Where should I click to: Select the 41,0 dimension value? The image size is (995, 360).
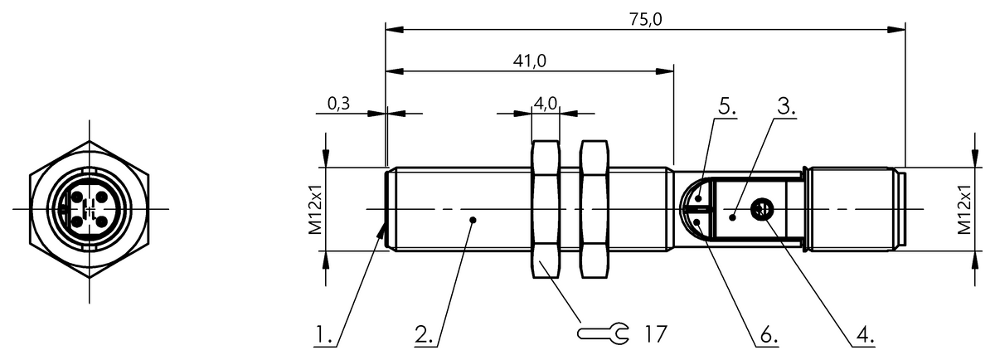point(529,61)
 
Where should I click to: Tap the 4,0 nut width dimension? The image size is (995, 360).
point(545,104)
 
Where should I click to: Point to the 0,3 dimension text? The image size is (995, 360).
point(338,104)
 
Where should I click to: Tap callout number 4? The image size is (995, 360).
point(865,336)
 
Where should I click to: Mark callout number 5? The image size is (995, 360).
point(727,107)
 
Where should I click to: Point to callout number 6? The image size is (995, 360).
point(767,336)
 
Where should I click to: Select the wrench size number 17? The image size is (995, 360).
point(655,334)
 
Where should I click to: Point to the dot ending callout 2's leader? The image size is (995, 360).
point(473,220)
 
